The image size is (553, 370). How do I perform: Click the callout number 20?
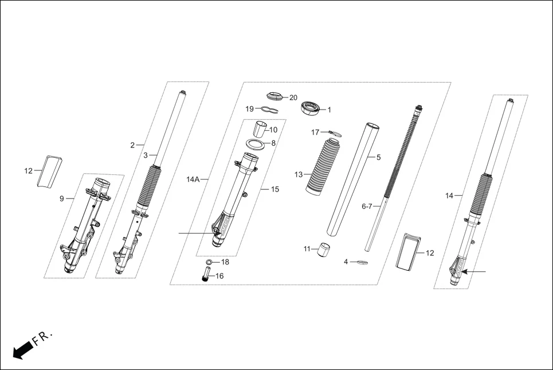click(293, 98)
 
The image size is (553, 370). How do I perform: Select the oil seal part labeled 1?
click(310, 107)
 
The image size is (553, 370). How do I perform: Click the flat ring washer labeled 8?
click(258, 143)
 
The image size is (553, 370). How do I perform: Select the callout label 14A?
click(193, 180)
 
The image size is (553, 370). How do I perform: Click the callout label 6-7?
click(367, 206)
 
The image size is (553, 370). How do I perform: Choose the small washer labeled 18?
click(209, 262)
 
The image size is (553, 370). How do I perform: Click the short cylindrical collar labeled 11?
click(325, 250)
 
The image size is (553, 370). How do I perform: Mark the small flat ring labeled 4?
click(362, 263)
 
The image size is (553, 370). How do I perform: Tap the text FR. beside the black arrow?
click(43, 337)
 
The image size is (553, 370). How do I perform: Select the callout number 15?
click(275, 189)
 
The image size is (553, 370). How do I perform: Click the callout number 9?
click(61, 199)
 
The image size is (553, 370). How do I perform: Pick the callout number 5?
click(378, 157)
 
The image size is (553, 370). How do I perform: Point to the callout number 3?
click(146, 155)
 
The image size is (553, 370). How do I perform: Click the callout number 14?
click(449, 196)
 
